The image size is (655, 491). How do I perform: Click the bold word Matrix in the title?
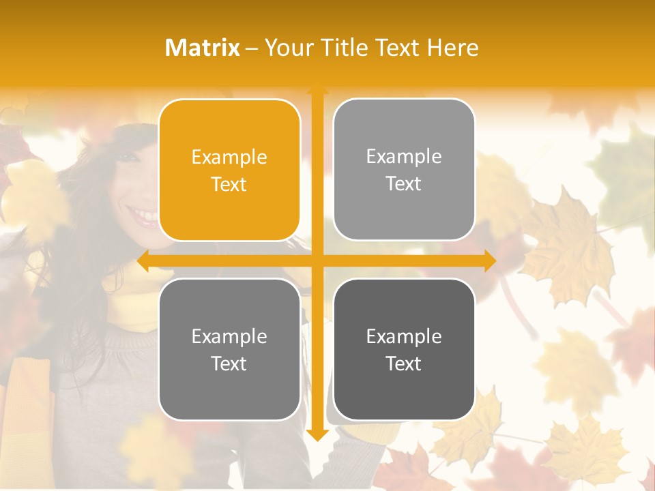[203, 48]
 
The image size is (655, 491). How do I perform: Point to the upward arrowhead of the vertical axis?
[317, 89]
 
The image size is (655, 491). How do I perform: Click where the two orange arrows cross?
[317, 261]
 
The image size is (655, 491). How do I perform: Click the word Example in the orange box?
[229, 158]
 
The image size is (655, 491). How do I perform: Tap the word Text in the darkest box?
[404, 363]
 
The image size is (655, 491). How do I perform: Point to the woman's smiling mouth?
[145, 217]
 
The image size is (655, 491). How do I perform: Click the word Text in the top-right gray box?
[404, 183]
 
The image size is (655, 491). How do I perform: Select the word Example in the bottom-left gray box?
[229, 337]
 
